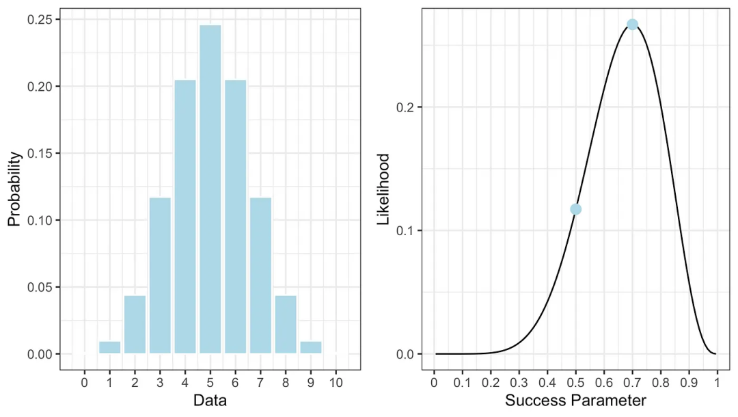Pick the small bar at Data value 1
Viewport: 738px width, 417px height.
[109, 347]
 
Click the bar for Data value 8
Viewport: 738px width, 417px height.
[286, 325]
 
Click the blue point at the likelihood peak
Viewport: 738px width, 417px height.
[632, 25]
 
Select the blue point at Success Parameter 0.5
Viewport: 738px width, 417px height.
[575, 209]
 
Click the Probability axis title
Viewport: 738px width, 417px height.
[14, 189]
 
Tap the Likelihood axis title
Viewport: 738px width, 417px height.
[384, 189]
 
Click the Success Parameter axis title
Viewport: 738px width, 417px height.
[575, 400]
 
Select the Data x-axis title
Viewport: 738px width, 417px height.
[210, 400]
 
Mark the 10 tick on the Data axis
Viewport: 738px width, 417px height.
[336, 381]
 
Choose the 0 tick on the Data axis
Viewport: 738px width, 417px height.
[85, 381]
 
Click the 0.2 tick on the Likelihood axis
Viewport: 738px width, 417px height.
[405, 107]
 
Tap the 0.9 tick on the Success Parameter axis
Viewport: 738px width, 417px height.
[689, 381]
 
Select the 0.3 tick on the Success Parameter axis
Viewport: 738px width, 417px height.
[519, 381]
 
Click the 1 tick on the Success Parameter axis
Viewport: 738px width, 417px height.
[717, 381]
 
